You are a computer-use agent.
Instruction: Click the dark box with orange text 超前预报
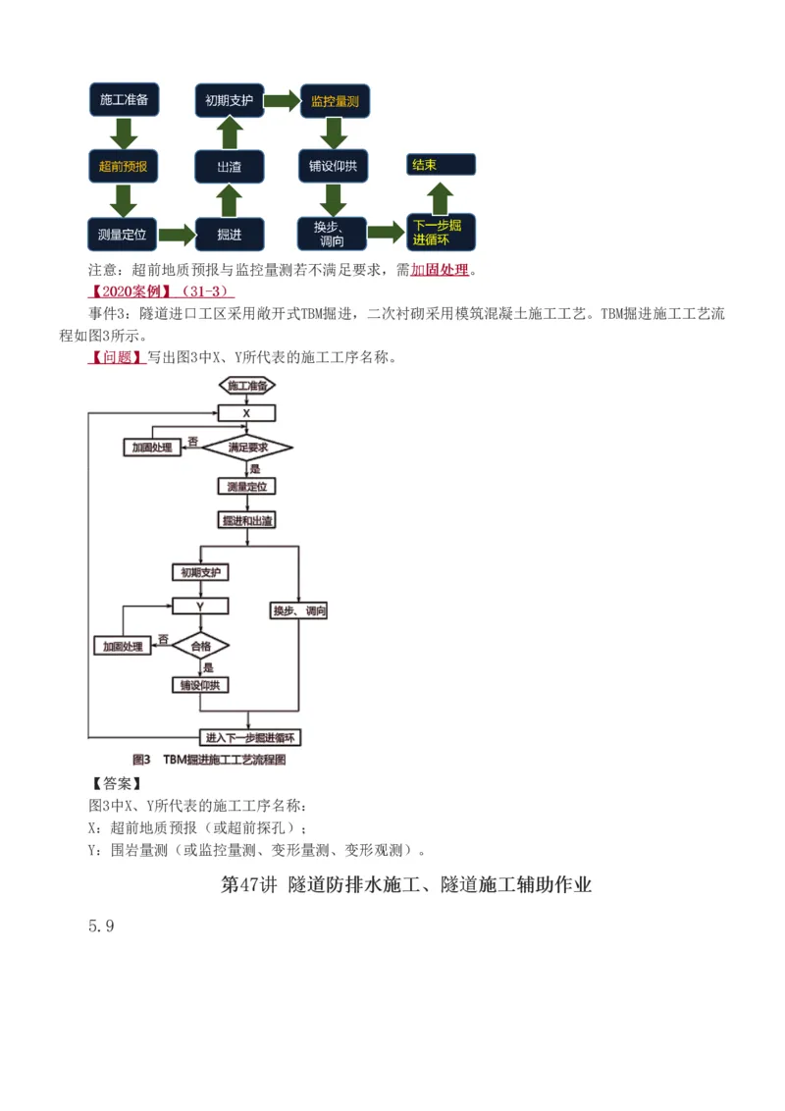[x=123, y=167]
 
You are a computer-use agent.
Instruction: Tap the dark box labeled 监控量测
[x=334, y=100]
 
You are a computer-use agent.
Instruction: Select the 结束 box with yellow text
[x=441, y=165]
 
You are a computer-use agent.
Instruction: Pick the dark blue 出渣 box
[x=229, y=167]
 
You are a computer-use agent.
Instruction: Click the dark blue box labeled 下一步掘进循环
[x=441, y=233]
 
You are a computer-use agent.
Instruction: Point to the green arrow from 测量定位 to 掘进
[x=177, y=235]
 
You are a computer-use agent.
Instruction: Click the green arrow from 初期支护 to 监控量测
[x=282, y=100]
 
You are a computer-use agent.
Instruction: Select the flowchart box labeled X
[x=246, y=413]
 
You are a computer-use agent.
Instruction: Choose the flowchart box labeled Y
[x=200, y=607]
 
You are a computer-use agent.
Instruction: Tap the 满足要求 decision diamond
[x=247, y=448]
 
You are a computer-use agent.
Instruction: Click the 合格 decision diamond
[x=200, y=646]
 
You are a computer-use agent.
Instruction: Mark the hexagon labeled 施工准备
[x=247, y=386]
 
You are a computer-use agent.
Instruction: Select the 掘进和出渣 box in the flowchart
[x=247, y=520]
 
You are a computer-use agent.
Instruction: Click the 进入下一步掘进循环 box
[x=251, y=737]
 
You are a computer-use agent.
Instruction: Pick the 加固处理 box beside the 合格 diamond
[x=123, y=646]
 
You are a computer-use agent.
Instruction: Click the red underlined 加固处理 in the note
[x=440, y=270]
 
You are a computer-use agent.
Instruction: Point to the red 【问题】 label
[x=117, y=357]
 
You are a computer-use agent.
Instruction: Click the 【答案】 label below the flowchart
[x=117, y=783]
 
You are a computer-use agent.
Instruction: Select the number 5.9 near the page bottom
[x=101, y=926]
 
